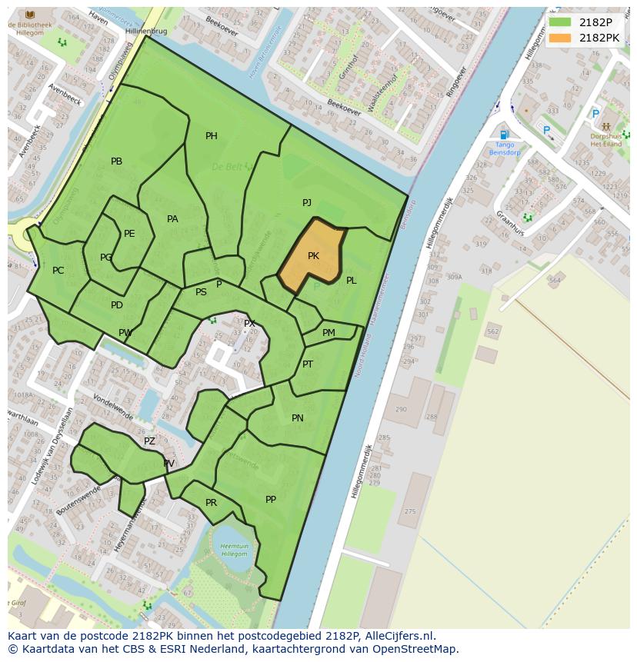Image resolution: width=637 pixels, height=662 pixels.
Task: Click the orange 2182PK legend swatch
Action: click(x=560, y=38)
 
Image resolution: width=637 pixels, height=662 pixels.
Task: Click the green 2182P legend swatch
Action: click(x=560, y=22)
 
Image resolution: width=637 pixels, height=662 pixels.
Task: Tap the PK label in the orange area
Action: click(x=313, y=256)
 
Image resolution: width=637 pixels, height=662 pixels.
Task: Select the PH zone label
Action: click(x=211, y=136)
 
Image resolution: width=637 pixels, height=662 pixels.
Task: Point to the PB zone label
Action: click(x=116, y=161)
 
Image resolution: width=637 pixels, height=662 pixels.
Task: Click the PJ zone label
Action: click(x=306, y=203)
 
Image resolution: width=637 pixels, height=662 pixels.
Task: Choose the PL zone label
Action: click(x=351, y=281)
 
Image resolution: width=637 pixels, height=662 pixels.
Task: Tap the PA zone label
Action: click(x=172, y=219)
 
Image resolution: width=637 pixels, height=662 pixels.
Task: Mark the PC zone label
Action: click(x=58, y=271)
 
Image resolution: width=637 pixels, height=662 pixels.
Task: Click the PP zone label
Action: click(x=271, y=500)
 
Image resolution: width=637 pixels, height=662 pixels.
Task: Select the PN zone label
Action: click(x=298, y=418)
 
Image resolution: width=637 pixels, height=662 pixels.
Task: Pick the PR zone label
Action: click(x=211, y=503)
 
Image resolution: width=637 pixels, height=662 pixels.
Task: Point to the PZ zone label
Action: click(x=149, y=441)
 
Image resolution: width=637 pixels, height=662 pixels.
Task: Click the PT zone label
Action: click(x=308, y=364)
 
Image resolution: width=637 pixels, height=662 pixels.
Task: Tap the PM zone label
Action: click(x=329, y=333)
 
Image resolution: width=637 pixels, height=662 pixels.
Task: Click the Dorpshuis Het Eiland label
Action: click(x=605, y=139)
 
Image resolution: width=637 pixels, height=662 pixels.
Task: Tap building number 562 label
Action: click(x=492, y=331)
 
